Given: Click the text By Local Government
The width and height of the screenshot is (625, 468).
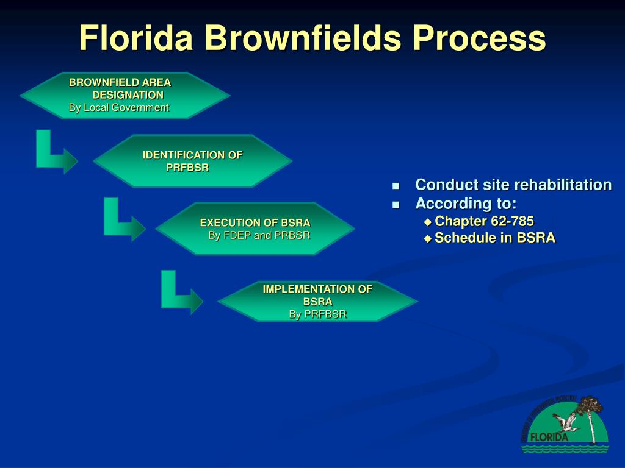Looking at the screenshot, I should (118, 108).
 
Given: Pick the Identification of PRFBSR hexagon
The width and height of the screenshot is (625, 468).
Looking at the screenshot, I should (192, 161).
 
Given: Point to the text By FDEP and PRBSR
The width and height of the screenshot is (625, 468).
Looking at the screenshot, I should (259, 235).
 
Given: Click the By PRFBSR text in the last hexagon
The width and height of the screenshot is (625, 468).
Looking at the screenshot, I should (317, 314).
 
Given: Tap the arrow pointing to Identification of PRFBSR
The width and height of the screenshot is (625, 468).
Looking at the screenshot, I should (55, 152).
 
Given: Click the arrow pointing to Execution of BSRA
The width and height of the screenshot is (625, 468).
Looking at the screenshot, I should (123, 220).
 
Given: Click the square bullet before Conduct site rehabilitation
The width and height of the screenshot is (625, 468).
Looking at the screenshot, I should (396, 185).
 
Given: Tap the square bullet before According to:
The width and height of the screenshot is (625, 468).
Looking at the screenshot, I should (396, 204).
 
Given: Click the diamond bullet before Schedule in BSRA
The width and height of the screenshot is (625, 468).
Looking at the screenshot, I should (427, 238).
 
